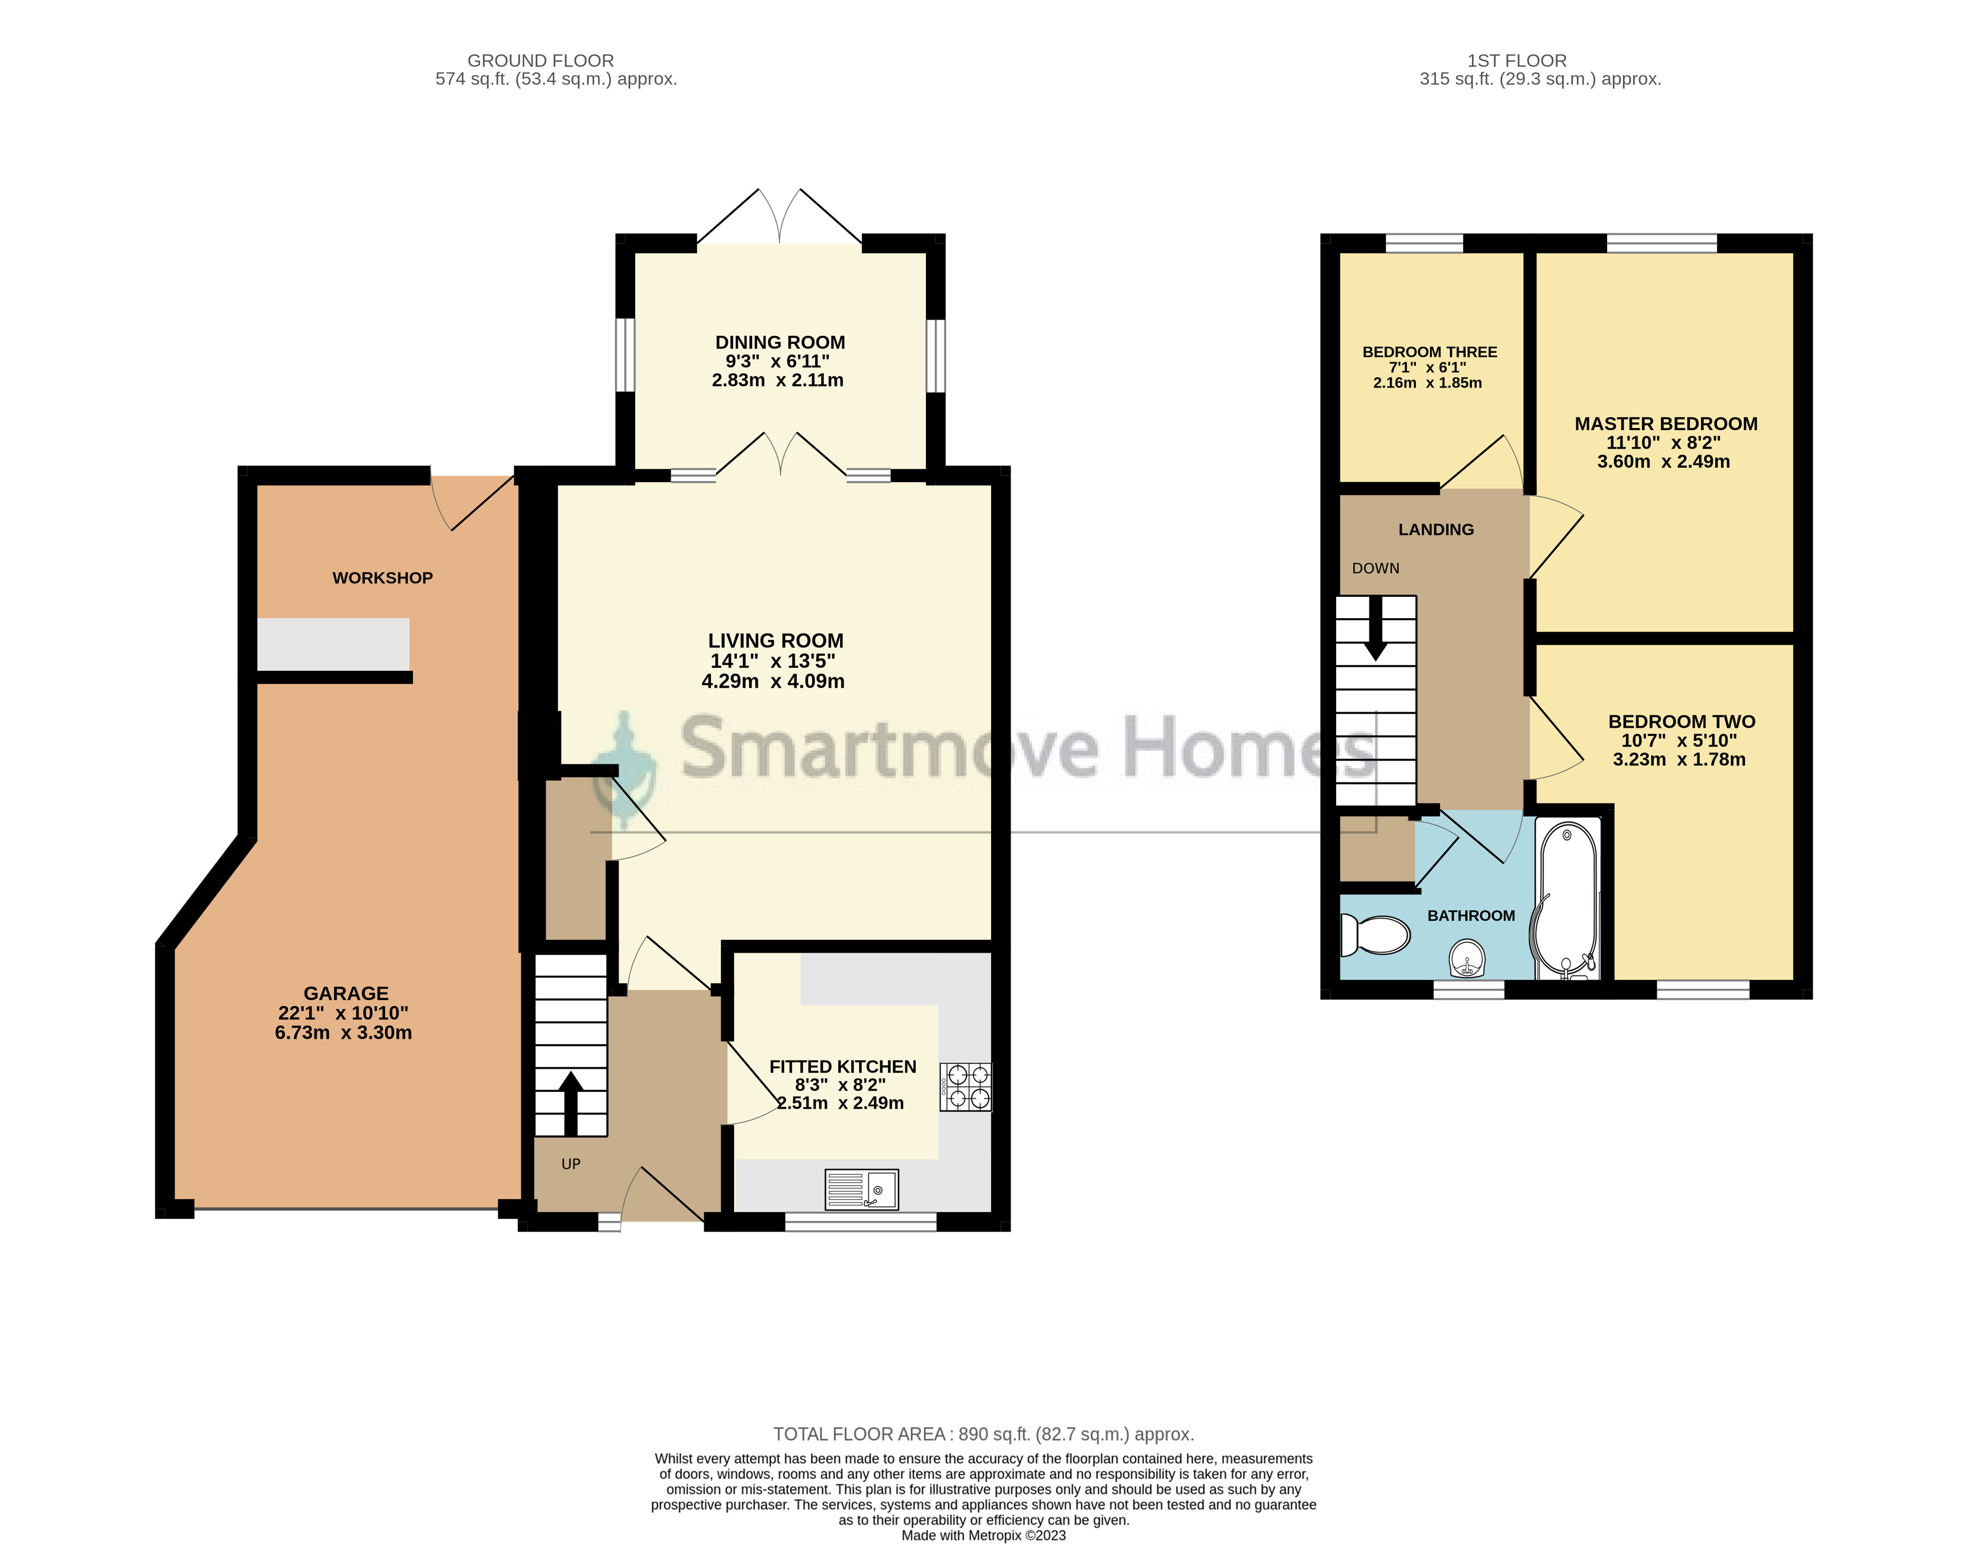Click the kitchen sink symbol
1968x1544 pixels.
(x=861, y=1190)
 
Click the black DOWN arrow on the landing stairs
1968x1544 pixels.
(x=1375, y=628)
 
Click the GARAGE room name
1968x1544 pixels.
(x=346, y=993)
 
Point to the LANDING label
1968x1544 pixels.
(x=1435, y=530)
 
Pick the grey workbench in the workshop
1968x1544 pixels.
(x=333, y=644)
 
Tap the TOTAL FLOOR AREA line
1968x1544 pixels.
(x=983, y=1434)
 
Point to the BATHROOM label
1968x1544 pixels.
(x=1471, y=916)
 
